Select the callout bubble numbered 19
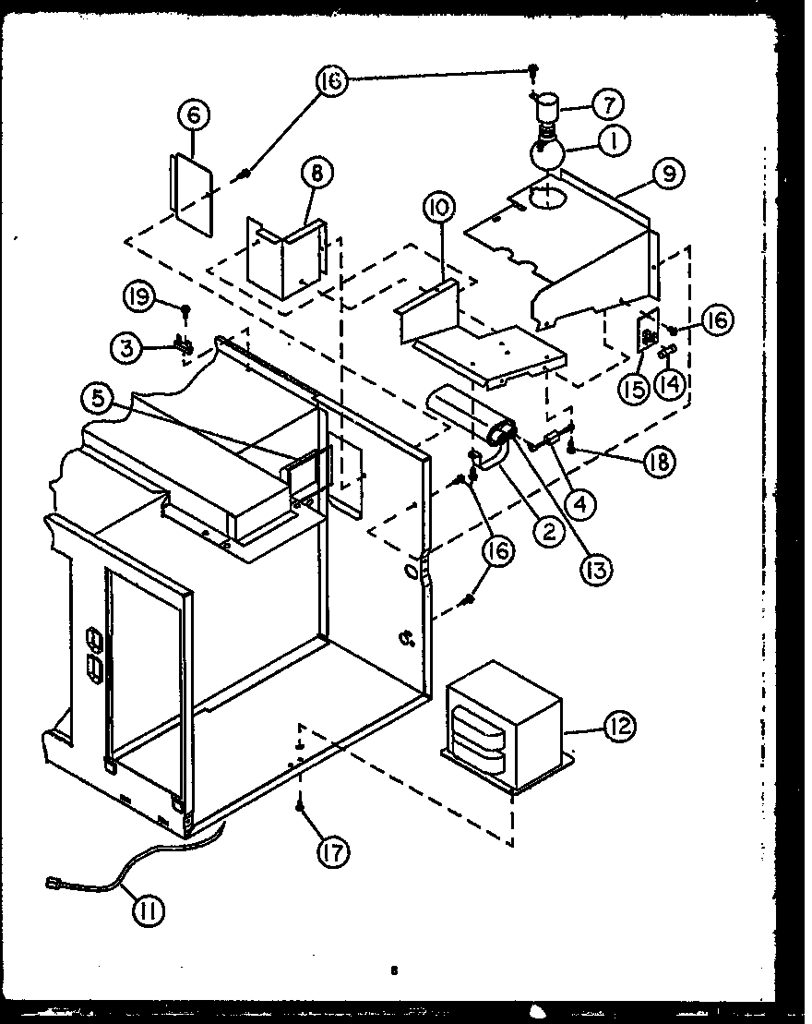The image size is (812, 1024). (x=138, y=296)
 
